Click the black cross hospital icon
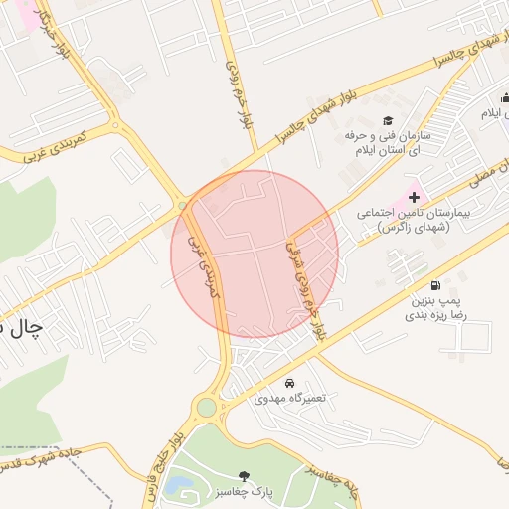click(x=414, y=198)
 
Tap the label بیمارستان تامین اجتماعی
click(x=405, y=220)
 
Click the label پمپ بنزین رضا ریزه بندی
click(x=432, y=306)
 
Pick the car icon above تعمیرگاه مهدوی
click(x=289, y=383)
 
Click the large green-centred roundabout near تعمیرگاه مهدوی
click(x=206, y=407)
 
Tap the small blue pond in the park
click(x=180, y=485)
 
